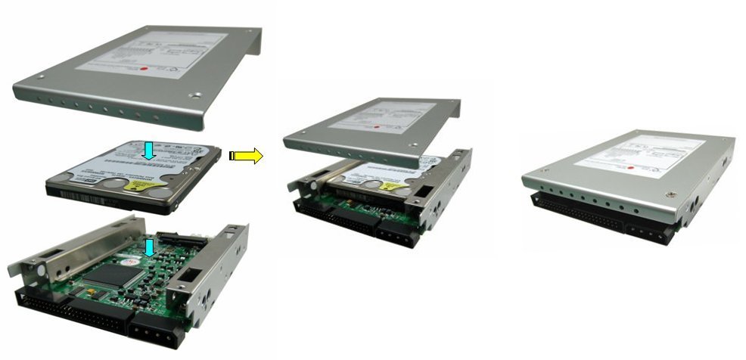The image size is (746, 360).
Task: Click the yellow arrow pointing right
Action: tap(247, 157)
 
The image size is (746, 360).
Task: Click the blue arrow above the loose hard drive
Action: tap(150, 149)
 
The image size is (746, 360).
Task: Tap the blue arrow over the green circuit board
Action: tap(151, 247)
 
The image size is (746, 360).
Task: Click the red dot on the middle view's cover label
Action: tap(404, 128)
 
